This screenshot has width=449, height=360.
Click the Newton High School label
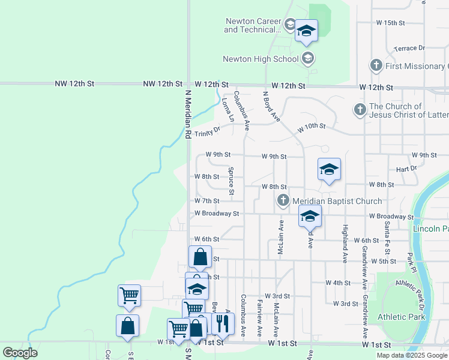[x=260, y=59]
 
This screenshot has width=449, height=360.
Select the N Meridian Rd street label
[x=187, y=114]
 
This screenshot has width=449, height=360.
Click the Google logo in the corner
[x=20, y=353]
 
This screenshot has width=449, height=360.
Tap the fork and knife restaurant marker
[x=223, y=324]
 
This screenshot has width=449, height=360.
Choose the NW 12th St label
[x=163, y=85]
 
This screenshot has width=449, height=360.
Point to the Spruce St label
[x=231, y=179]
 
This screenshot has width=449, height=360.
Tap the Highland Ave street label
[x=345, y=244]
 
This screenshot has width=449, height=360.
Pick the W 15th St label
[x=391, y=23]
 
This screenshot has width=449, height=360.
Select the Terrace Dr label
[x=409, y=48]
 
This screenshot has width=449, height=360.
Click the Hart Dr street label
[x=406, y=169]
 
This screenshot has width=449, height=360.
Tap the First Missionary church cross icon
[x=376, y=66]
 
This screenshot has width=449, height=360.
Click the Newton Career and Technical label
[x=252, y=25]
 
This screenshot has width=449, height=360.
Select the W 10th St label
[x=312, y=127]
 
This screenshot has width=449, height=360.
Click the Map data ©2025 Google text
[x=412, y=355]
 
